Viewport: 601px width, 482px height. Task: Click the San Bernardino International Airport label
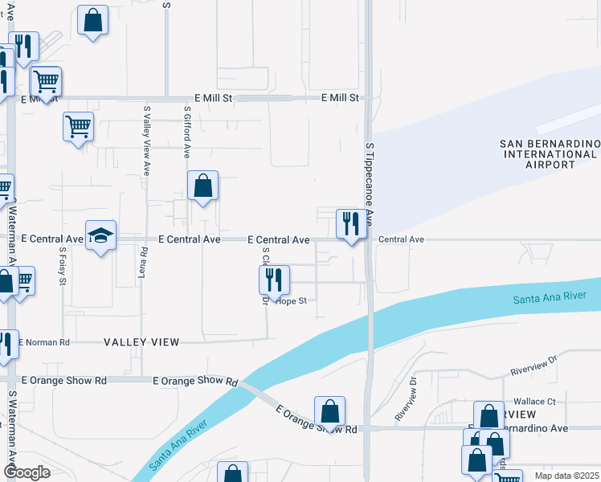[x=550, y=153]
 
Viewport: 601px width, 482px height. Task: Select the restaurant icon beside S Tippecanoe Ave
[x=350, y=223]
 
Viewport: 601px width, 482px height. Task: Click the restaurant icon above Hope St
[x=274, y=280]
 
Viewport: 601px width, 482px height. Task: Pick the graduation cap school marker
[x=101, y=235]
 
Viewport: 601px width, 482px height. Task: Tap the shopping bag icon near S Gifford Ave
[x=203, y=186]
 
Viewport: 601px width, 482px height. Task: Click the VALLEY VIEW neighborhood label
[x=141, y=342]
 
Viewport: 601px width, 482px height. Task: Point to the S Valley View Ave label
[x=147, y=141]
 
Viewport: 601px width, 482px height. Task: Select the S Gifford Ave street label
[x=187, y=130]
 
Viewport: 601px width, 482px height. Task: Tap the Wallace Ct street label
[x=535, y=401]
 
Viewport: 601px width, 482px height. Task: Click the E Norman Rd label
[x=45, y=342]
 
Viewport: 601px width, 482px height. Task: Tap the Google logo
[x=27, y=472]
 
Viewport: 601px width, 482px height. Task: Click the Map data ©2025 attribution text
[x=567, y=476]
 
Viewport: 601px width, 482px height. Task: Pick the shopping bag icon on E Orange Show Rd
[x=329, y=412]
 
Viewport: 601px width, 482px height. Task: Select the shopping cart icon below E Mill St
[x=79, y=126]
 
